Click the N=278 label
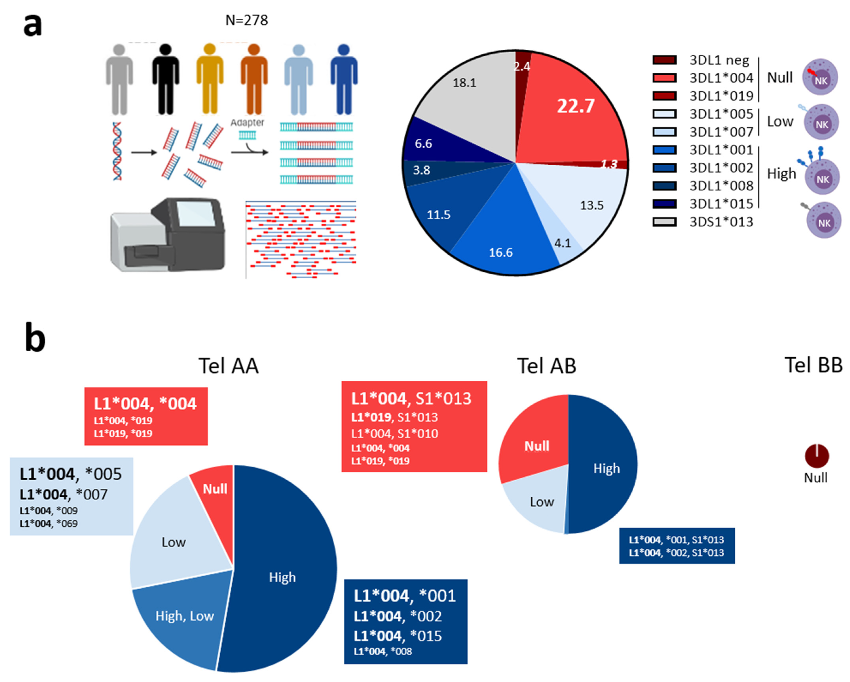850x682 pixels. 246,20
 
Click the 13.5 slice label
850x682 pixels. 591,205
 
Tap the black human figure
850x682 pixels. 166,79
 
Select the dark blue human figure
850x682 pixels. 344,79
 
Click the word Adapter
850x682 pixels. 247,123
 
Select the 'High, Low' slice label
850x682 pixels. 185,616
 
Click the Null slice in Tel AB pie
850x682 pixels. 536,446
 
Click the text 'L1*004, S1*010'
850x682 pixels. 394,434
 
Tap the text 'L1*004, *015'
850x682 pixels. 397,636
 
